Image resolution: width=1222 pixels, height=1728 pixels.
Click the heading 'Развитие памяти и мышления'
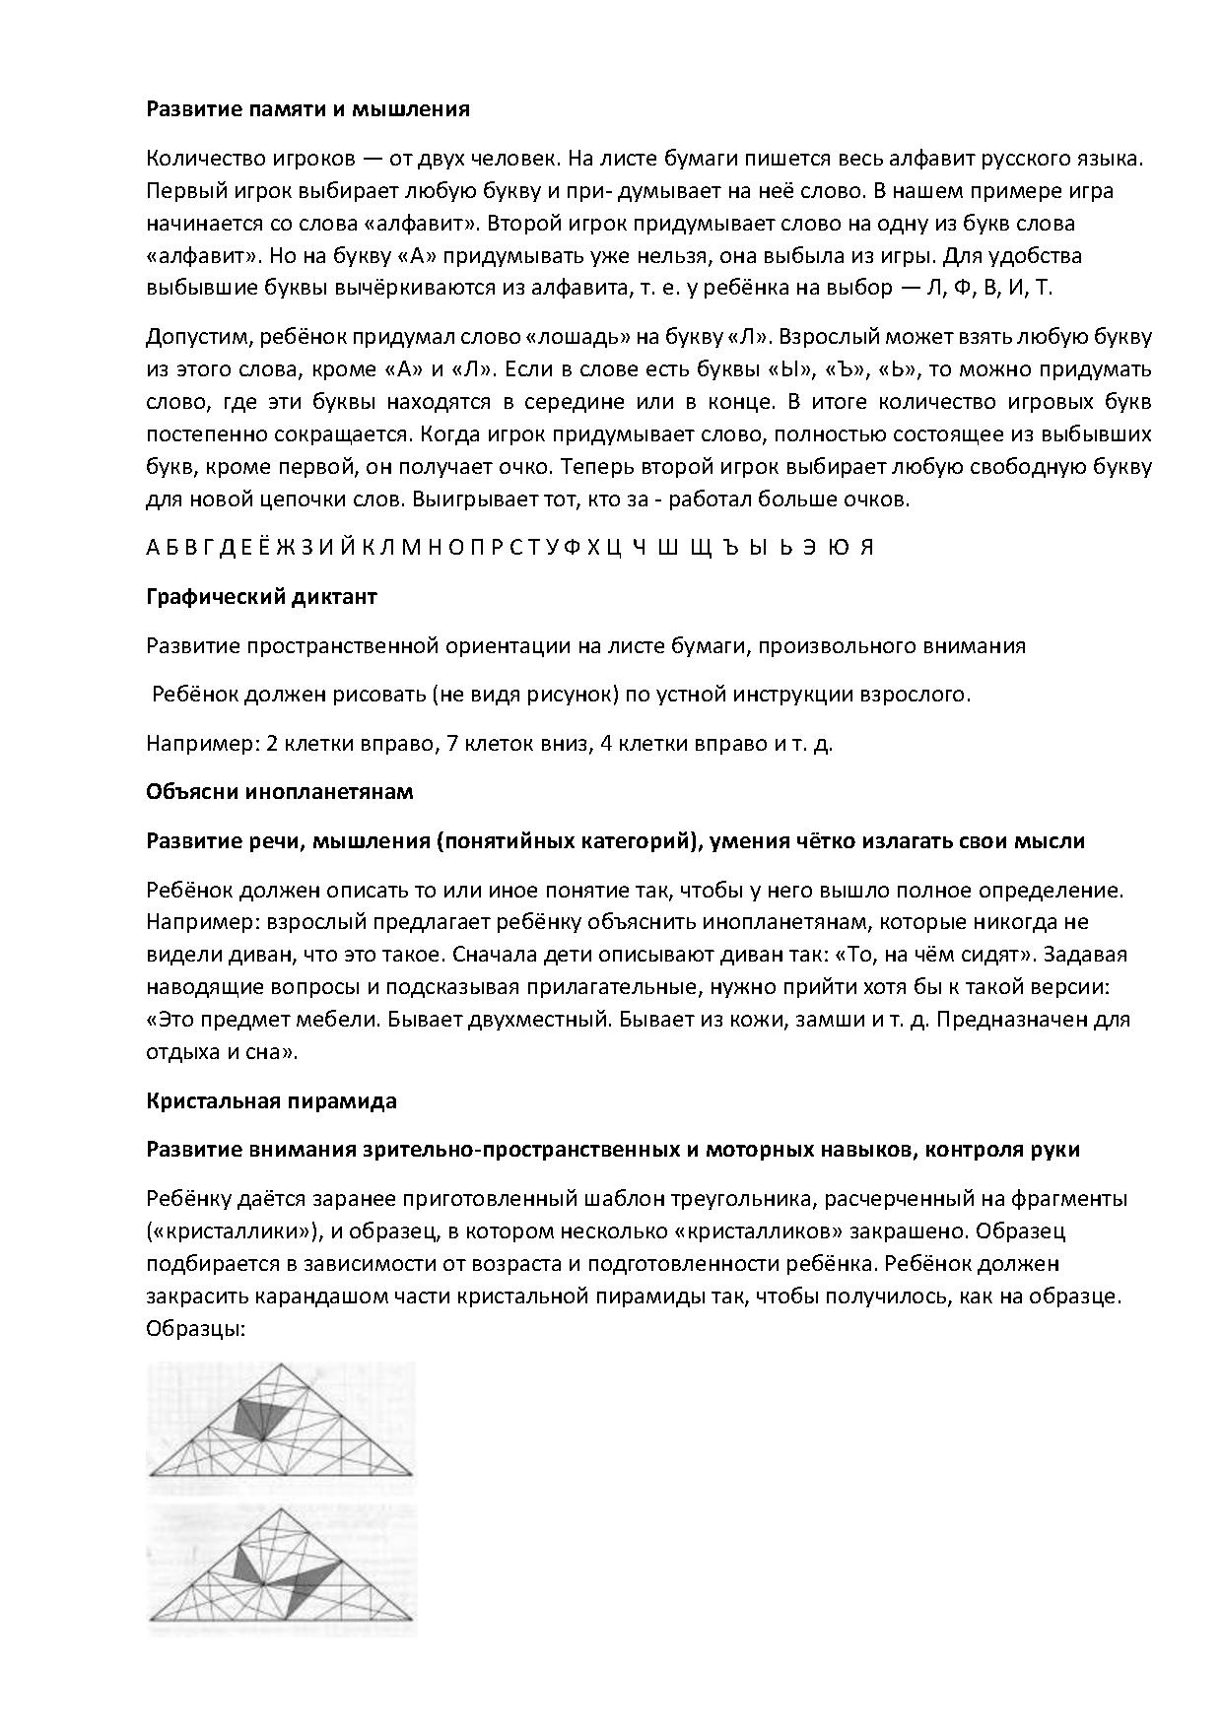click(307, 109)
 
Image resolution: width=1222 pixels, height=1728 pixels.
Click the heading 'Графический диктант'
click(261, 597)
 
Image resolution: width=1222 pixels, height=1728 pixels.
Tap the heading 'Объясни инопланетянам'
click(280, 792)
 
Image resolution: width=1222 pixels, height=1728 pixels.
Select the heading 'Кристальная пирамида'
click(271, 1101)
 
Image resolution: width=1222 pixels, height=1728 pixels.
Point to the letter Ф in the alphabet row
click(570, 549)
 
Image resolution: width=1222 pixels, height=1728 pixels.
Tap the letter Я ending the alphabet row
click(866, 549)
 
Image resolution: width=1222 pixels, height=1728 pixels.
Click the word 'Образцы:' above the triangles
click(195, 1328)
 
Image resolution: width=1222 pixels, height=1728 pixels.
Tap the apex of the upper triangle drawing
click(279, 1364)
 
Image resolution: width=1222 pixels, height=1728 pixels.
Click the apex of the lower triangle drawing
click(283, 1507)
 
